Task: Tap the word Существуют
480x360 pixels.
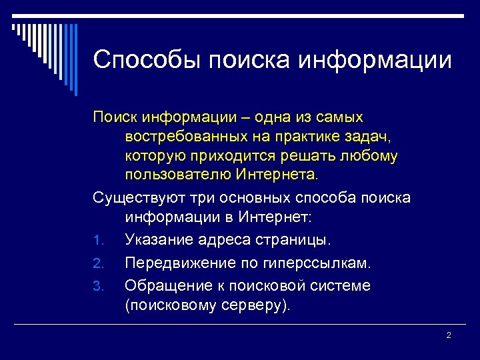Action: coord(135,198)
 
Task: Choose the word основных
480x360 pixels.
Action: coord(244,198)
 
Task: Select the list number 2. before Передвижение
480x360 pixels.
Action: coord(97,263)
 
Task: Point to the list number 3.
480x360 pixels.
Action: coord(97,287)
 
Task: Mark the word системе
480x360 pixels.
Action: coord(339,285)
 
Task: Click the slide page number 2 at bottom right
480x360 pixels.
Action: coord(448,335)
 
